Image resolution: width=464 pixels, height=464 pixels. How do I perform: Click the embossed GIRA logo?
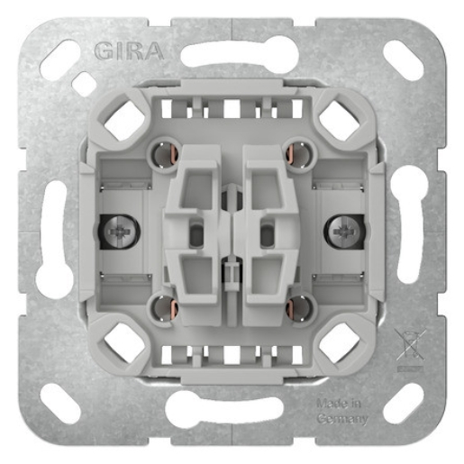[x=129, y=51]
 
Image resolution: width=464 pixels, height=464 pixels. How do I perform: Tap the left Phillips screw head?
[x=120, y=232]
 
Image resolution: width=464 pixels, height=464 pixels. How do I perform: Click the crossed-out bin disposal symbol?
[x=410, y=344]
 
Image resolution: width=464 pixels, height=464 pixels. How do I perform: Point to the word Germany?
[x=342, y=419]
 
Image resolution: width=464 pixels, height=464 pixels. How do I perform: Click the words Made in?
[x=339, y=404]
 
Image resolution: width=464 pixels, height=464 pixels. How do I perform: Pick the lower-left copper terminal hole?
[x=165, y=307]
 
